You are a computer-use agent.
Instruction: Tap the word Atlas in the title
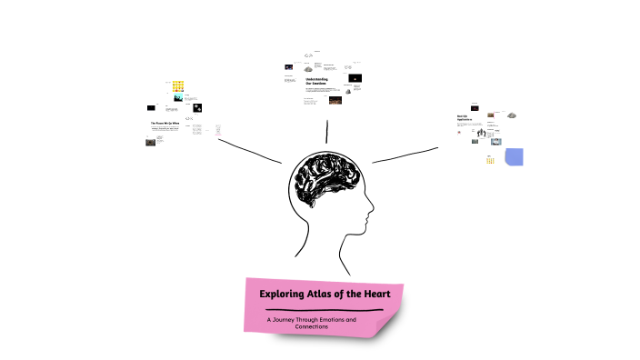(325, 295)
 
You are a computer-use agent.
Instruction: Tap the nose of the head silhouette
(372, 215)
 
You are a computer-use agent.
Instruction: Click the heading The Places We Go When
(165, 122)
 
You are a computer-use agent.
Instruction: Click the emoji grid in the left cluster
(179, 87)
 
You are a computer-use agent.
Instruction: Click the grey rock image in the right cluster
(512, 115)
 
